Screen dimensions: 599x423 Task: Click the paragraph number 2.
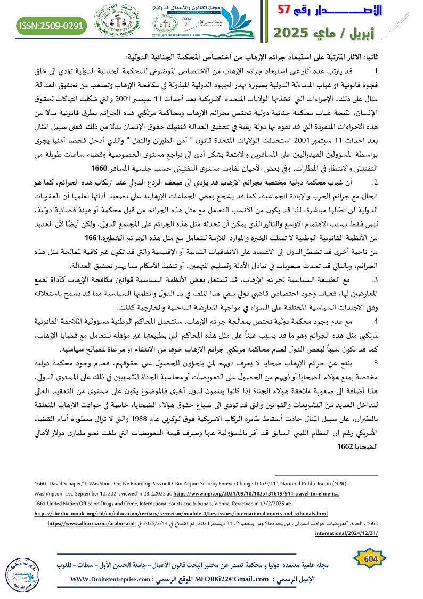pos(391,181)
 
